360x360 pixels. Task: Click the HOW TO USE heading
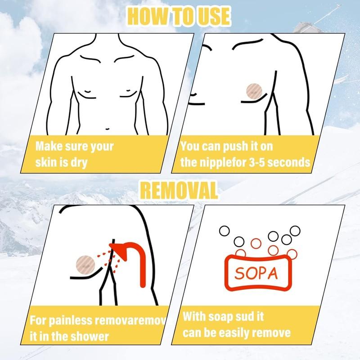point(179,16)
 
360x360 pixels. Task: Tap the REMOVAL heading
point(179,190)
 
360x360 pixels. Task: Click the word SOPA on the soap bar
point(256,273)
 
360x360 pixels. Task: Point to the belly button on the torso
point(108,129)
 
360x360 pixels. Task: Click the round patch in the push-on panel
point(254,91)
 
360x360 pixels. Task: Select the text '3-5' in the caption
point(257,162)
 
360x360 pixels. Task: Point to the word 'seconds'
point(289,162)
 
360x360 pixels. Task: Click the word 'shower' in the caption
point(89,337)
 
